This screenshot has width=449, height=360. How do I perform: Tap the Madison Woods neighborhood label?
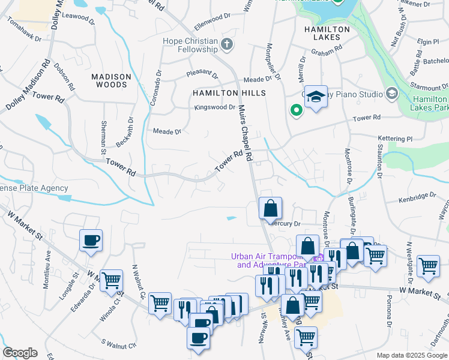pos(111,80)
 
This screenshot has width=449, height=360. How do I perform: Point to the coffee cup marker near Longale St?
pos(91,241)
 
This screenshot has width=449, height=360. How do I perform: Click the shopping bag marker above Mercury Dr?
pos(271,208)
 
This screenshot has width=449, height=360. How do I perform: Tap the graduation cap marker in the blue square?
pos(315,97)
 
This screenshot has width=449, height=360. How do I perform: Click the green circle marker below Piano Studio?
pos(295,110)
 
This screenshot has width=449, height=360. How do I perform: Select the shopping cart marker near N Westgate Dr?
pos(428,266)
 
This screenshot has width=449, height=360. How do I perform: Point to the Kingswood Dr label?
pos(215,107)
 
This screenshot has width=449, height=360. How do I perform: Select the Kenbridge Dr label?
pos(417,197)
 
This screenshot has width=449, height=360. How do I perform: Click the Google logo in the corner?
pos(20,353)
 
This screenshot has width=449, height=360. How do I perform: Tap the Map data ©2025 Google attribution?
pos(412,355)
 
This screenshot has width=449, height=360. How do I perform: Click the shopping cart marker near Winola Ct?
pos(111,280)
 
